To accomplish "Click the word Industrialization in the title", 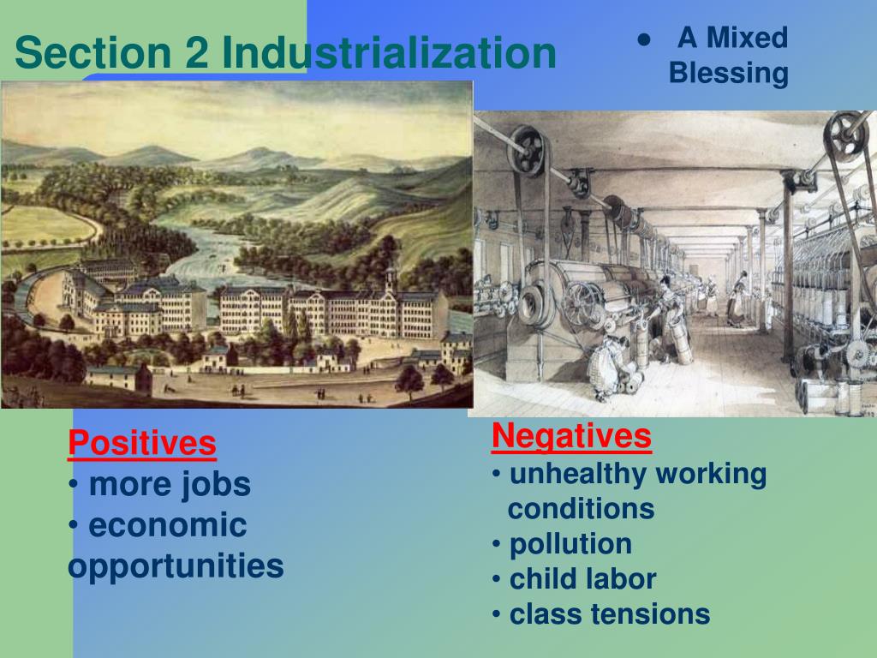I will pos(389,53).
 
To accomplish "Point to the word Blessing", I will pos(728,74).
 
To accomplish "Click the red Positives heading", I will pos(142,444).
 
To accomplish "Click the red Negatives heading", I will pos(571,436).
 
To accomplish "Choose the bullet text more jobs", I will pos(169,484).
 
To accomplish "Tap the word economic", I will pos(167,525).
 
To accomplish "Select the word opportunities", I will pos(176,565).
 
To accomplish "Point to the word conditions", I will pos(581,509).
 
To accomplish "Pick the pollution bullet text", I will pos(570,544).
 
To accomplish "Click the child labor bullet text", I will pos(582,579).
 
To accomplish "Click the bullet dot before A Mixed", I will pos(642,39).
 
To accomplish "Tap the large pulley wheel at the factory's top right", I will pos(846,130).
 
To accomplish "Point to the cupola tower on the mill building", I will pos(390,279).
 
